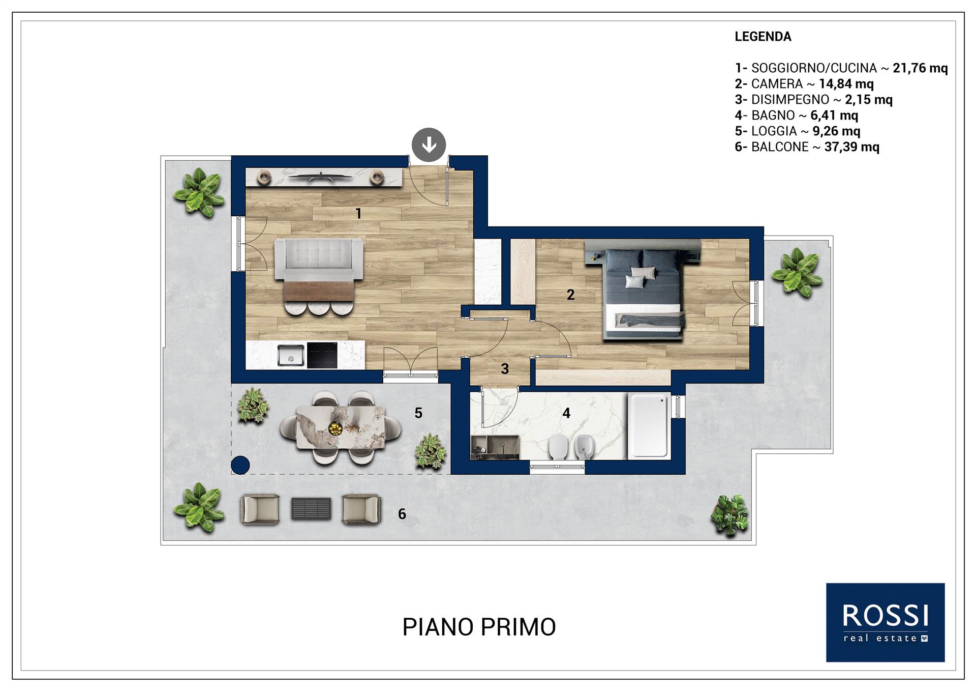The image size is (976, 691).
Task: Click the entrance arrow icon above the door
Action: tap(429, 145)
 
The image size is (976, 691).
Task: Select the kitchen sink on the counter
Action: tap(291, 355)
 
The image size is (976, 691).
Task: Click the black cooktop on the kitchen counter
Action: tap(322, 355)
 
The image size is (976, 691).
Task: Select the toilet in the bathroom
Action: tap(558, 447)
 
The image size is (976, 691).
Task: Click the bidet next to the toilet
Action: tap(584, 447)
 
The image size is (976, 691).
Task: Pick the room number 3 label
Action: tap(505, 369)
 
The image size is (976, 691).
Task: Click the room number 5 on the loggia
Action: tap(418, 413)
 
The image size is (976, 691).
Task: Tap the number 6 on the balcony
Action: tap(402, 514)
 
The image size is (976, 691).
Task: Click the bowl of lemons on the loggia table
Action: tap(335, 428)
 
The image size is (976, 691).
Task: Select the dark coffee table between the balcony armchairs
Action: tap(311, 508)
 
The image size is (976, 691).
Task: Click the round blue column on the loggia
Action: tap(240, 465)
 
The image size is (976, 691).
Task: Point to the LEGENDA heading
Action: tap(763, 37)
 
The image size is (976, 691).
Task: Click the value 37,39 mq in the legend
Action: tap(852, 147)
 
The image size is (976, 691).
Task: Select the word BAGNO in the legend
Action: tap(773, 116)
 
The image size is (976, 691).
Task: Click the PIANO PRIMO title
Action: tap(479, 627)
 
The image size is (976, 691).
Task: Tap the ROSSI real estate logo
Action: tap(886, 622)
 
